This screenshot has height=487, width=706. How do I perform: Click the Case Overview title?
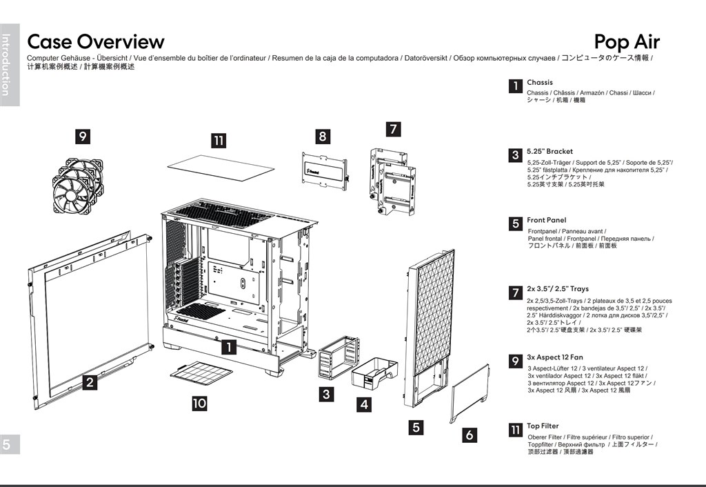(x=95, y=42)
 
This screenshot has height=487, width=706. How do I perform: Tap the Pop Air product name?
(x=627, y=42)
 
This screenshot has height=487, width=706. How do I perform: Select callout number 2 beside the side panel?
(x=90, y=381)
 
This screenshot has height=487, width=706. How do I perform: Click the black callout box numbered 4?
(x=363, y=405)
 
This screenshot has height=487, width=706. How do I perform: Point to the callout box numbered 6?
(x=470, y=435)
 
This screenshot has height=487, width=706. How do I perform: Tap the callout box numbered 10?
(x=199, y=403)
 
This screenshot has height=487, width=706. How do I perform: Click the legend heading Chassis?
(x=540, y=83)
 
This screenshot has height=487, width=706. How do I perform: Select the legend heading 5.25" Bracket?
(x=549, y=151)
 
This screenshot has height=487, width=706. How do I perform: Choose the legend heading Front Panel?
(x=546, y=220)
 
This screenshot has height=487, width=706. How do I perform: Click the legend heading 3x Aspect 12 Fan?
(x=555, y=358)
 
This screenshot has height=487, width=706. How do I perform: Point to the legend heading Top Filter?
(x=543, y=426)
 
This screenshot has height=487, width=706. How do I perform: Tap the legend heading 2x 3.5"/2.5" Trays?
(x=558, y=289)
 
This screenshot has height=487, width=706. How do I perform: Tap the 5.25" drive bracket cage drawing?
(x=337, y=357)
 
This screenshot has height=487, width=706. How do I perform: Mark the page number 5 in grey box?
(x=6, y=445)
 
